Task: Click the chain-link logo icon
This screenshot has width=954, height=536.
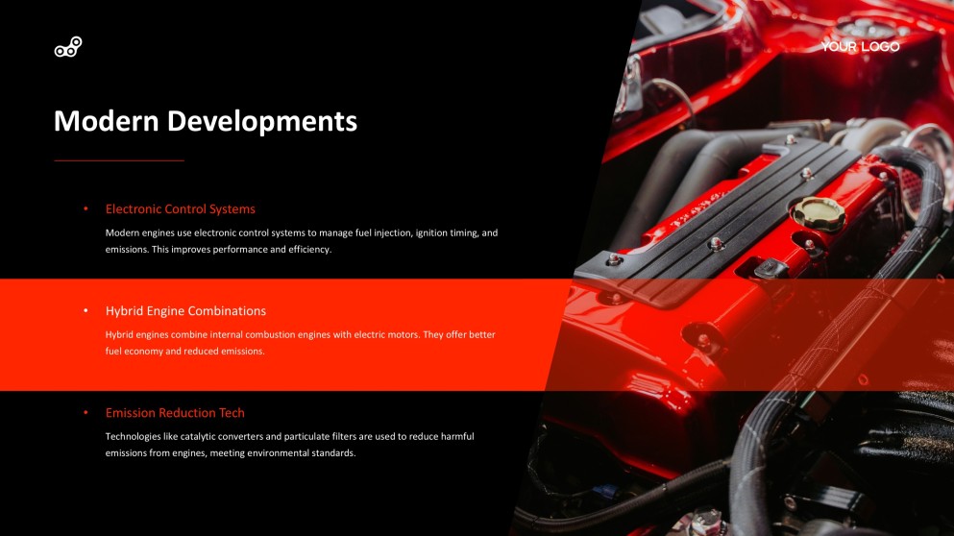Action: coord(68,47)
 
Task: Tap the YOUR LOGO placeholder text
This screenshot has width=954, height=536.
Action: coord(860,46)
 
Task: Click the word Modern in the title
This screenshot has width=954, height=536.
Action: coord(106,121)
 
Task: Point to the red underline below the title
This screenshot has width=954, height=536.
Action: coord(118,160)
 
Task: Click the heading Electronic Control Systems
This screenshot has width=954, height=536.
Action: coord(180,208)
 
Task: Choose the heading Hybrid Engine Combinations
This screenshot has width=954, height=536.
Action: coord(185,311)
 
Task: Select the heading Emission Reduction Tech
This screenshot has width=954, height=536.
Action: coord(175,413)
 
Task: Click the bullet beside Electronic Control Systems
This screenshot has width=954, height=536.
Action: coord(86,208)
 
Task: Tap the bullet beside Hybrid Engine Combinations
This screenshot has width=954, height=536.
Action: coord(86,311)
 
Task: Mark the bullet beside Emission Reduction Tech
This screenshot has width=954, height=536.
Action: coord(86,413)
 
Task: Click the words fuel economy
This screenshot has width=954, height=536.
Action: coord(135,352)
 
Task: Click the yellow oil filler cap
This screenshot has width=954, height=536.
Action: coord(819,214)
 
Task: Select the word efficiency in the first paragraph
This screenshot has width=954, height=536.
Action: coord(305,250)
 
